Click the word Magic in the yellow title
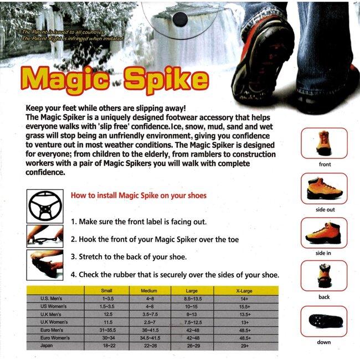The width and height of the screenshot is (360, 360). click(x=65, y=81)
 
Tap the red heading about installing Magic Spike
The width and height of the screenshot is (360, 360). click(x=138, y=196)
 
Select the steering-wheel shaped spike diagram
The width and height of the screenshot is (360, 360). click(x=45, y=206)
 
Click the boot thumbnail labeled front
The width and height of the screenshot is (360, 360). click(x=324, y=143)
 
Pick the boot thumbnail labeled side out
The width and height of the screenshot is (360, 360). click(x=324, y=188)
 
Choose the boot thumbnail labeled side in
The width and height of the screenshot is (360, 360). click(x=324, y=233)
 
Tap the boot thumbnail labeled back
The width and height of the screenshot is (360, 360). click(x=324, y=276)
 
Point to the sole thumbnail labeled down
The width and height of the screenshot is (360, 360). click(x=324, y=321)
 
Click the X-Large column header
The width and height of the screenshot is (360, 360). click(x=244, y=291)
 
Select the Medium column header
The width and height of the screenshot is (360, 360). click(x=149, y=291)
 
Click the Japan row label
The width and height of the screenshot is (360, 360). click(x=47, y=346)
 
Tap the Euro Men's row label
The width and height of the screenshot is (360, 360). click(x=52, y=330)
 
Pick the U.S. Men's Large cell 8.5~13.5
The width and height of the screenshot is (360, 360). click(x=193, y=299)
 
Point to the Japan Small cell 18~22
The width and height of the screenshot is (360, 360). click(x=109, y=346)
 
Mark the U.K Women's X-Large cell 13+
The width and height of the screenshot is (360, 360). click(x=245, y=322)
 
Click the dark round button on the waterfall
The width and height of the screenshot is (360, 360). click(x=180, y=19)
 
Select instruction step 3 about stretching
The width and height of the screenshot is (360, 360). click(x=128, y=256)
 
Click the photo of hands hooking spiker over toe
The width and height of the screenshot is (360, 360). click(x=45, y=236)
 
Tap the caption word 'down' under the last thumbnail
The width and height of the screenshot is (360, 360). click(x=324, y=342)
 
